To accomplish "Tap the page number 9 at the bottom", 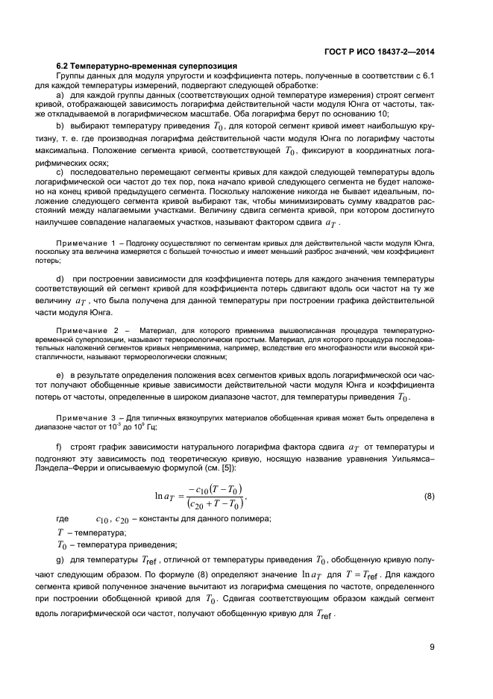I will [x=432, y=647].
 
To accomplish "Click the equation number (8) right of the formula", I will [x=429, y=496].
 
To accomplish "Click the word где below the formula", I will [x=63, y=519].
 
